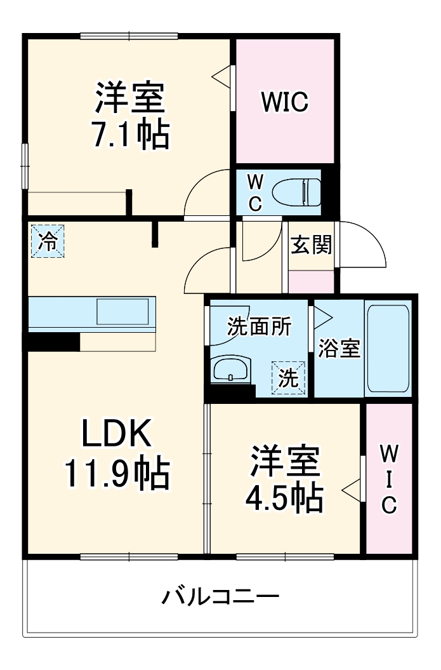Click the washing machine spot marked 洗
[289, 378]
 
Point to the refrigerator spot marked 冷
[48, 241]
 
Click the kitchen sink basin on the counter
[122, 312]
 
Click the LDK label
[116, 435]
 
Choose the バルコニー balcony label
[220, 597]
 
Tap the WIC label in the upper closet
[285, 101]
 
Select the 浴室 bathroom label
[339, 349]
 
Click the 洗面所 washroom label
[260, 326]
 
